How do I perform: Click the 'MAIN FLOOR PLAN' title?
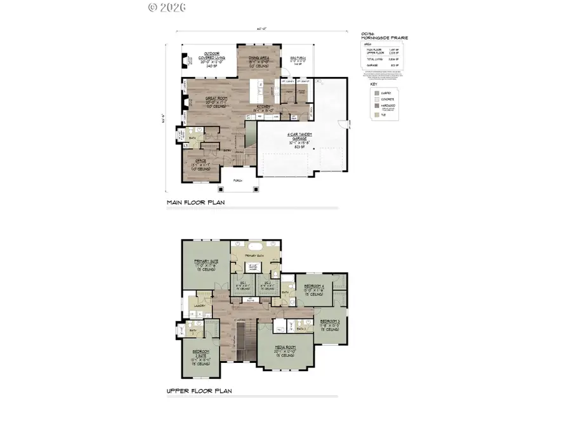tap(195, 203)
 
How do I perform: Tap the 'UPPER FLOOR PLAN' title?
tap(199, 391)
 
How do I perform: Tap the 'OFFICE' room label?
tap(199, 161)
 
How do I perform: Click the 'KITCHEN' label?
tap(264, 107)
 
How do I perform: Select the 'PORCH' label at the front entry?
tap(238, 180)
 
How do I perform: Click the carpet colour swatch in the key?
tap(375, 92)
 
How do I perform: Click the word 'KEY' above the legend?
tap(373, 83)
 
